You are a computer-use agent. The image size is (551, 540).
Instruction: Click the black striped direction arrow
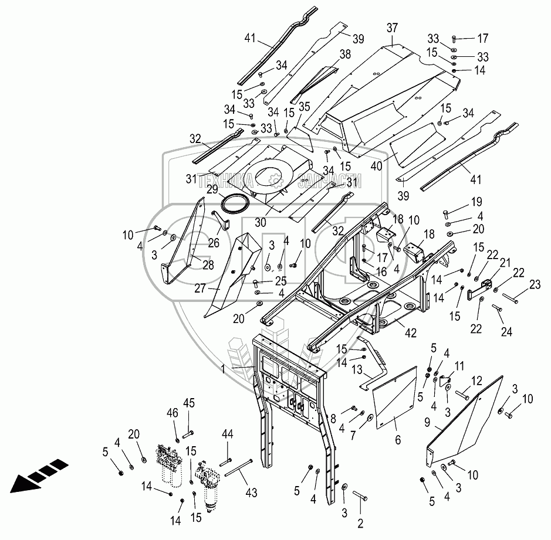[35, 475]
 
